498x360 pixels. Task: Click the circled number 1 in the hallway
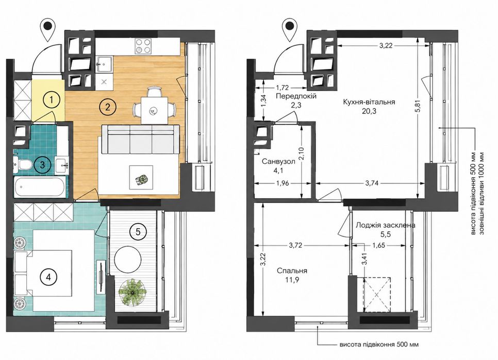(51, 100)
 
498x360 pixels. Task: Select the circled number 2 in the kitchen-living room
(107, 107)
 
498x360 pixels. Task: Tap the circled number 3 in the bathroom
(42, 165)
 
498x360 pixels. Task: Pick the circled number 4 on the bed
(48, 277)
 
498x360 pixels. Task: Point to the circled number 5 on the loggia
(138, 232)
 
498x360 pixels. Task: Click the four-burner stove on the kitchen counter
(142, 46)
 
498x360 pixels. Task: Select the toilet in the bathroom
(22, 165)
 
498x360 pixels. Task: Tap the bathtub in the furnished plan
(40, 187)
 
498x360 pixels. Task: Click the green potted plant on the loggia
(132, 293)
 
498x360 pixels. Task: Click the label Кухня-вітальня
(369, 102)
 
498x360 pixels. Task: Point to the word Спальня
(292, 271)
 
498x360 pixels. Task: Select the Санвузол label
(278, 161)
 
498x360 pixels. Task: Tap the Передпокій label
(296, 96)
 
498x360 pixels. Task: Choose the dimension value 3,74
(372, 183)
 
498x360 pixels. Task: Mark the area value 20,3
(369, 111)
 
